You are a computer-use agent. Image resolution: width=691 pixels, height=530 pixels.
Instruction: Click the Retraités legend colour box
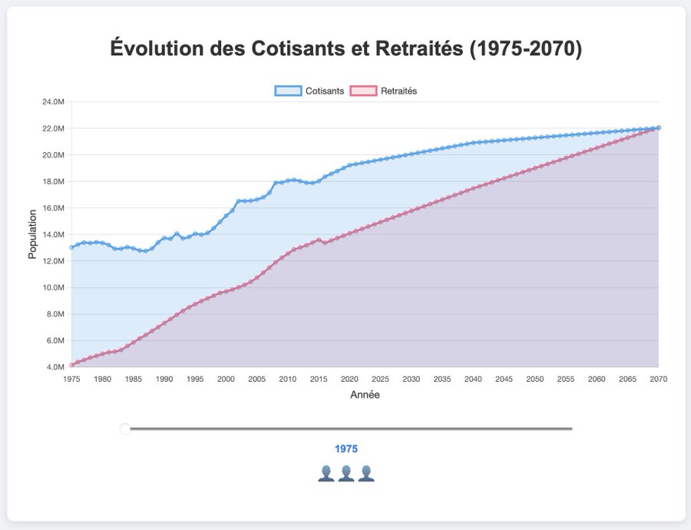[x=363, y=91]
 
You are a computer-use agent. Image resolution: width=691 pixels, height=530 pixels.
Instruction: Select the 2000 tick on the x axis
[x=226, y=379]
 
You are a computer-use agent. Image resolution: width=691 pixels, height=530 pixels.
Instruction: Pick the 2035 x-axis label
[x=442, y=379]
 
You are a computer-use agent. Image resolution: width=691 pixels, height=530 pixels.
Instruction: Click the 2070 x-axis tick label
[x=658, y=379]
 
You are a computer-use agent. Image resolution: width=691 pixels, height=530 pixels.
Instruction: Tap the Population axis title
[x=32, y=234]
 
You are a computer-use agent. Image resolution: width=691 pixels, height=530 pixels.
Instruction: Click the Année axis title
[x=365, y=395]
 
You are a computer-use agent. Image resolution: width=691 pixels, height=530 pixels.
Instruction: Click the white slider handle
[x=125, y=429]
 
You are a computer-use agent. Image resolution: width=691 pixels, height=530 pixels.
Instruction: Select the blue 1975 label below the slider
[x=345, y=449]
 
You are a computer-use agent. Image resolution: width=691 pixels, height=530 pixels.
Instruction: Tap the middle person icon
[x=345, y=473]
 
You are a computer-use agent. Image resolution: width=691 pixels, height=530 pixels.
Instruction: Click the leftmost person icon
[x=326, y=473]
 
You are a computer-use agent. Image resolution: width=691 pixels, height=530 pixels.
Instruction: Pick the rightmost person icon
[x=365, y=473]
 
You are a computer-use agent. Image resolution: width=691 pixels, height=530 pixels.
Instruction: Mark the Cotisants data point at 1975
[x=71, y=247]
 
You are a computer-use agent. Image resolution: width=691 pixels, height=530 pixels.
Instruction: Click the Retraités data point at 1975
[x=71, y=365]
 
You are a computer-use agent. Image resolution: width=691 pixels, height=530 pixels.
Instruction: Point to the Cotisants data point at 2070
[x=659, y=128]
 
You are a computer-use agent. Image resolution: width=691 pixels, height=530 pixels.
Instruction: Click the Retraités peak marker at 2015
[x=319, y=240]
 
